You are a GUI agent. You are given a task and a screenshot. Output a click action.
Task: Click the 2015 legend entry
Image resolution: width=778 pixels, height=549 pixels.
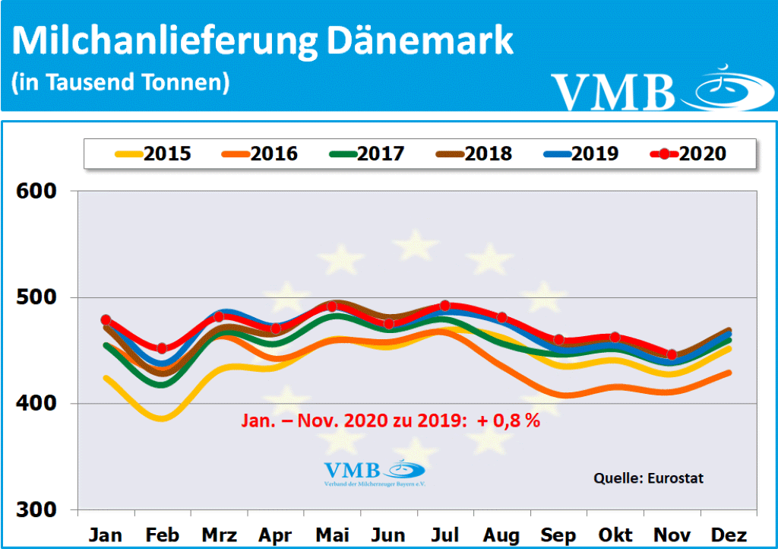click(152, 154)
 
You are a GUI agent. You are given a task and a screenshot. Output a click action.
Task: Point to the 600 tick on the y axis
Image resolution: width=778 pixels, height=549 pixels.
click(37, 191)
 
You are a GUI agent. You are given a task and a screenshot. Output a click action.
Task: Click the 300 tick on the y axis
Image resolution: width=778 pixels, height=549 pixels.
click(37, 509)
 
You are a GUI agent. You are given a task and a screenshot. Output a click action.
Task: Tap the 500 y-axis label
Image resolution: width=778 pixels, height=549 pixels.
click(37, 297)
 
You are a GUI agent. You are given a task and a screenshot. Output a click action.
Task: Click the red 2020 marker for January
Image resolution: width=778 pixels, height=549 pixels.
click(106, 320)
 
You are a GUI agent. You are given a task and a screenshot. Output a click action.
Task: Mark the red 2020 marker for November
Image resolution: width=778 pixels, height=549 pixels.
click(672, 354)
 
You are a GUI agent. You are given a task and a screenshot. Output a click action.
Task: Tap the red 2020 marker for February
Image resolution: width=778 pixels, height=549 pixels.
click(162, 348)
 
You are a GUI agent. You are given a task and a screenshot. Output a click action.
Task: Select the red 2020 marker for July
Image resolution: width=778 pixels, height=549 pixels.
click(445, 306)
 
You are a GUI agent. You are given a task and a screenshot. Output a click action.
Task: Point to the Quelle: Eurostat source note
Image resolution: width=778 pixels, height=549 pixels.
click(648, 478)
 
